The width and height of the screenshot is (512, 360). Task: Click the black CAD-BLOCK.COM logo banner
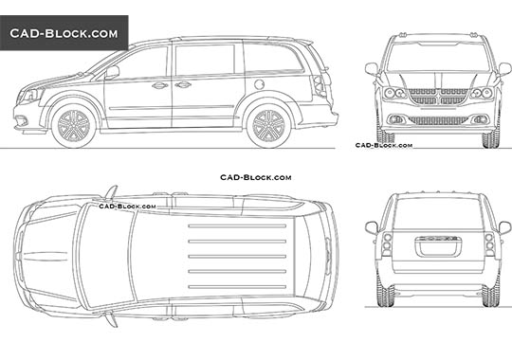tap(64, 33)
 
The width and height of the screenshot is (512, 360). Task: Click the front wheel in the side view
tap(73, 124)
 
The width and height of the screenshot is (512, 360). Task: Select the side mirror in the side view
tap(113, 71)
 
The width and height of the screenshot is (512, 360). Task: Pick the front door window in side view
tap(142, 64)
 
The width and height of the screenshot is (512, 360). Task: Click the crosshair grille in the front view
tap(437, 96)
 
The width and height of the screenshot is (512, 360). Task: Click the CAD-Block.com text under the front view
tap(383, 145)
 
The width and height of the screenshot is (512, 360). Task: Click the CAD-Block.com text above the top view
tap(255, 176)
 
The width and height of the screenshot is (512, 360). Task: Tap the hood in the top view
tap(47, 255)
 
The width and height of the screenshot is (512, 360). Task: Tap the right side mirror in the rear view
tap(504, 227)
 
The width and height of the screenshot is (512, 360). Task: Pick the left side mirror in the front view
tap(372, 68)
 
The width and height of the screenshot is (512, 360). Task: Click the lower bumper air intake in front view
tap(437, 120)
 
